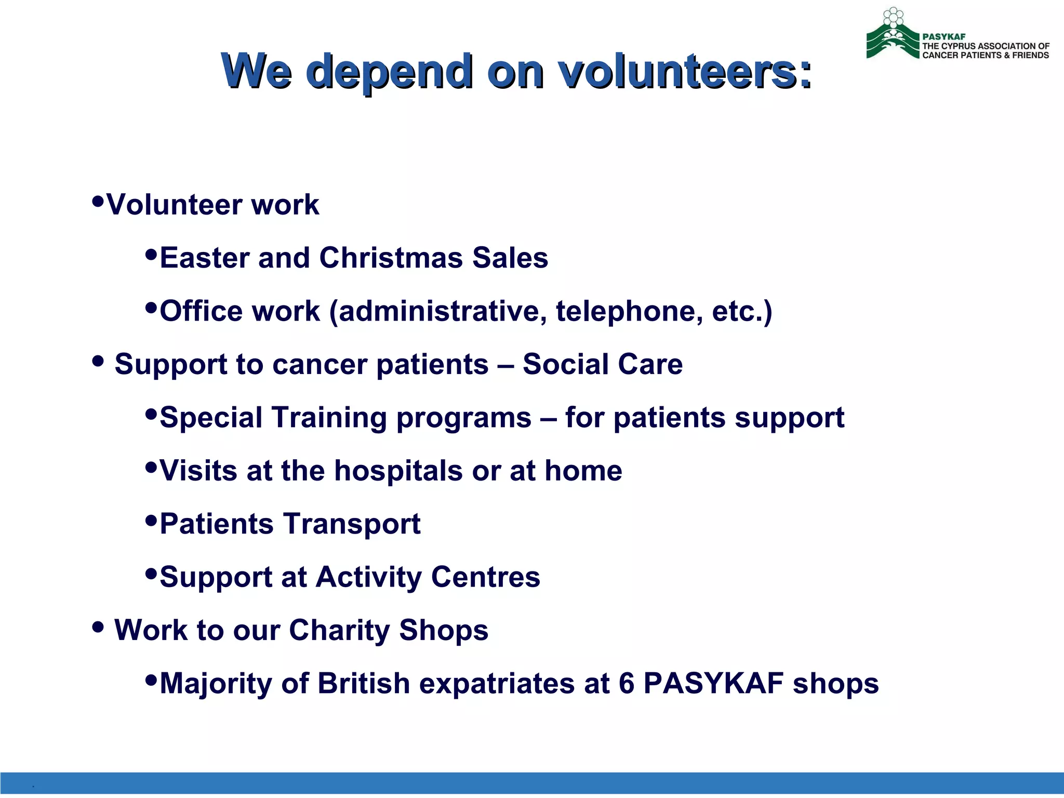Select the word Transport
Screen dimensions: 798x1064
351,524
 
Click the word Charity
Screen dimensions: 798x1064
339,630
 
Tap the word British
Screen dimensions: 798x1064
364,683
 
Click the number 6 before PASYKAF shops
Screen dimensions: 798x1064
627,683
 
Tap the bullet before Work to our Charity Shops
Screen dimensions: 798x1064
98,627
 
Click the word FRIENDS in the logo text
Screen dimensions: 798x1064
1030,55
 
